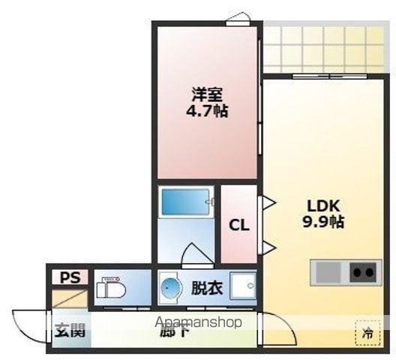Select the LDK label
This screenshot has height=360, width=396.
(322, 205)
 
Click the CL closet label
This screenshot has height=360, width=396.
(238, 225)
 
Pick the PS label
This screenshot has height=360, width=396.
(70, 277)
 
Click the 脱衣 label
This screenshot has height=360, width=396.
(205, 288)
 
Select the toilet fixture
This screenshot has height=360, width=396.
(113, 287)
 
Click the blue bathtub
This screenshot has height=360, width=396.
(184, 203)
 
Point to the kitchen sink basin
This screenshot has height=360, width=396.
(328, 271)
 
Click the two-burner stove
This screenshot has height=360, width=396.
(364, 271)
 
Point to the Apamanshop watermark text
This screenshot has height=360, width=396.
(199, 323)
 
